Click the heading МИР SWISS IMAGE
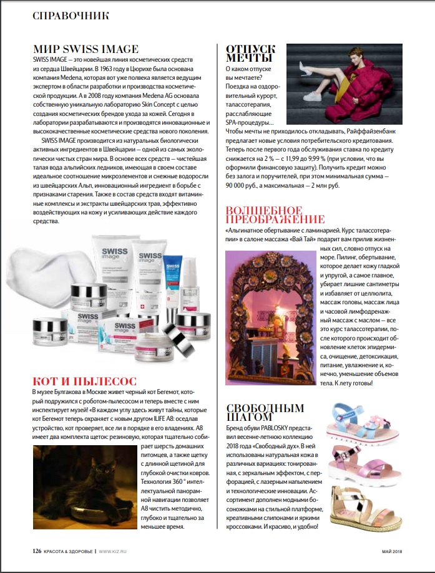(86, 49)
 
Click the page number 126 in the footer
(37, 551)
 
